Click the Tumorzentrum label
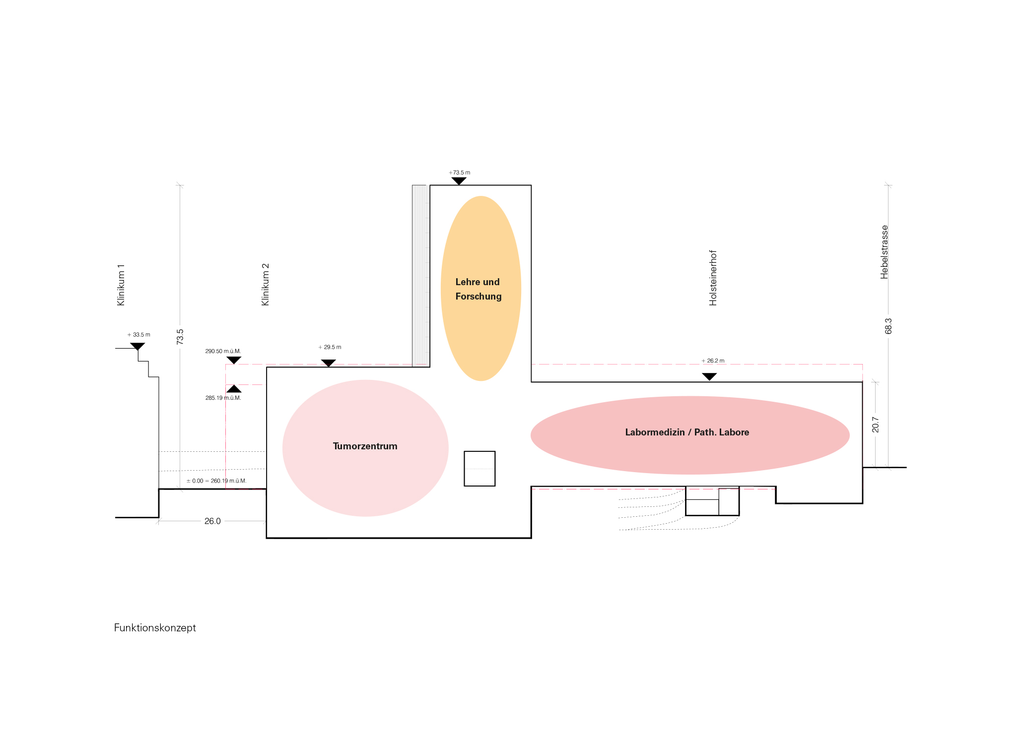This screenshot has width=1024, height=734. click(x=365, y=446)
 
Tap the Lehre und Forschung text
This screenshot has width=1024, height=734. click(x=478, y=289)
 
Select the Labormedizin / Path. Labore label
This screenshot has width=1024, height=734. click(x=687, y=432)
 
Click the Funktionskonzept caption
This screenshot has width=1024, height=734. click(x=155, y=628)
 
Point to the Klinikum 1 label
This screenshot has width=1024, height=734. click(x=121, y=285)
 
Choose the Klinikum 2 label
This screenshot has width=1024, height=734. click(x=265, y=285)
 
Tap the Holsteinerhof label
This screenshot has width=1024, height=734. click(x=713, y=278)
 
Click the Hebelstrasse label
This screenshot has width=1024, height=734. click(x=884, y=252)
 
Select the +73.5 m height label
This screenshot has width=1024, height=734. click(x=460, y=173)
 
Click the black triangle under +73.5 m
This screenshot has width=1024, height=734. click(x=459, y=181)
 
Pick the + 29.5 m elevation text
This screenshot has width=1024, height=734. click(x=330, y=347)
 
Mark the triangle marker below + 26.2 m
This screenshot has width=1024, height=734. click(x=709, y=376)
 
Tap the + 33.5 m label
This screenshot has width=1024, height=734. click(x=139, y=335)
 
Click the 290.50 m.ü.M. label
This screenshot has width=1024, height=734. click(x=223, y=351)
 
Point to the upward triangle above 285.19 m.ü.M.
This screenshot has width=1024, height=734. click(x=234, y=389)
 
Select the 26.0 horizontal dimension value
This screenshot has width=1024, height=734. click(x=212, y=521)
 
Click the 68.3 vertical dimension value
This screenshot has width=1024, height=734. click(x=888, y=326)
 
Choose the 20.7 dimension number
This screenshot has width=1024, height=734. click(x=875, y=425)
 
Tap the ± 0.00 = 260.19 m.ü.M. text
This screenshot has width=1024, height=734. click(x=216, y=481)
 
